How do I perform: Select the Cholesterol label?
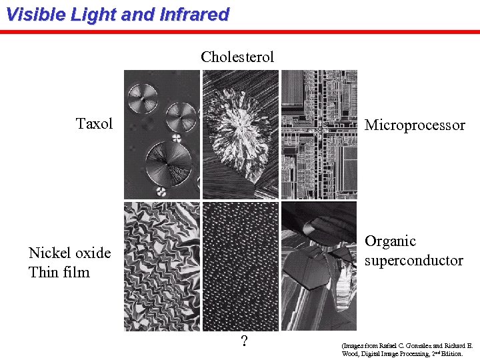(237, 57)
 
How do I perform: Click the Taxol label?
(95, 123)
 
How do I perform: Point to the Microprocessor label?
(415, 125)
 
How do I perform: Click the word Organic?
(390, 241)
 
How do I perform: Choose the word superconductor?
(413, 260)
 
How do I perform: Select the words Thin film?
(59, 272)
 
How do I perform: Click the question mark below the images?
(245, 342)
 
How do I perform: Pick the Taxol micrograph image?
(162, 135)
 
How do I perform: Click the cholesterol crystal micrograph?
(240, 135)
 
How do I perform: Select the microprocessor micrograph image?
(319, 135)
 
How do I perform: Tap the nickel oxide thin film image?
(162, 267)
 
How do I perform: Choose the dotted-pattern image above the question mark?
(240, 267)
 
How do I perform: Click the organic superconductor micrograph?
(319, 267)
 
